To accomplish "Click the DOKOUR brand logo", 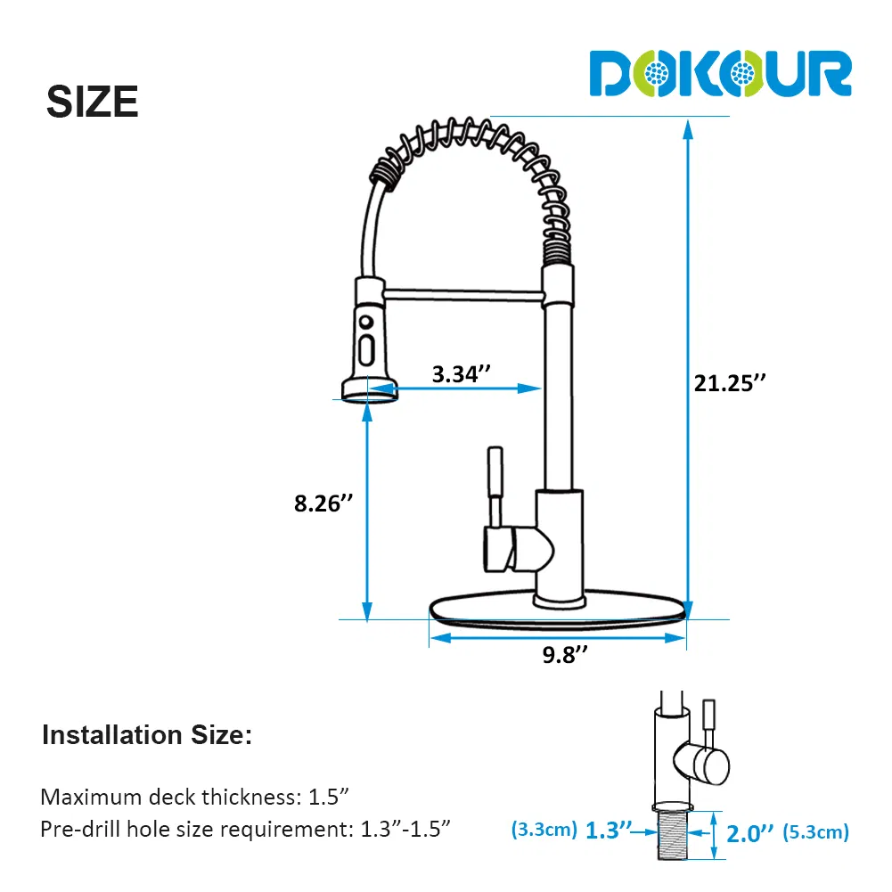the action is click(x=720, y=73).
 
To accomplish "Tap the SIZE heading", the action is click(x=92, y=102).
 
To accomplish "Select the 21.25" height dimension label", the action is click(x=730, y=383).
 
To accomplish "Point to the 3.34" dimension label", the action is click(x=461, y=373).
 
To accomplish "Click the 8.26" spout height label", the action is click(x=323, y=503).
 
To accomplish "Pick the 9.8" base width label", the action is click(x=564, y=654).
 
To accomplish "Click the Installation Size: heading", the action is click(x=147, y=735).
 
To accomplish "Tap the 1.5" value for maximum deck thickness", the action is click(x=328, y=797).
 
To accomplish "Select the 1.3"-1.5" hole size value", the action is click(x=405, y=829).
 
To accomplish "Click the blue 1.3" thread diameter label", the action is click(x=608, y=831).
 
